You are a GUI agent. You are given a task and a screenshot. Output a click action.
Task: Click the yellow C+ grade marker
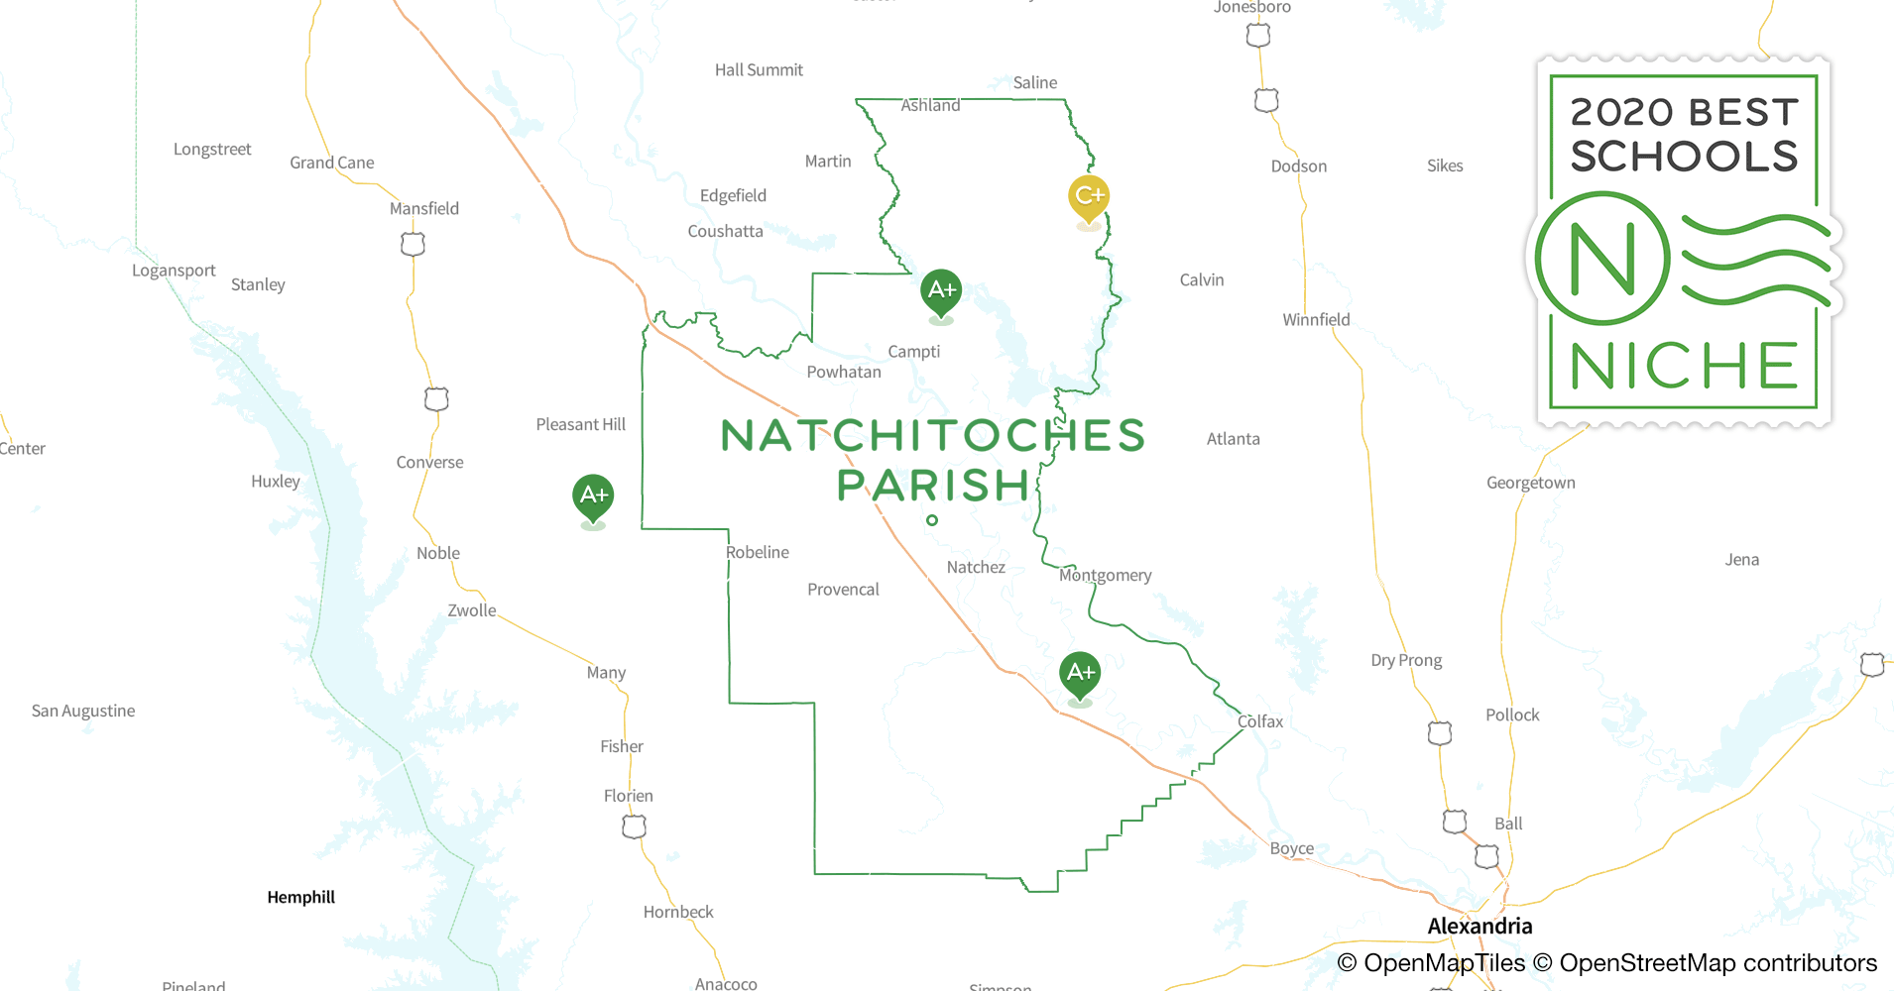pos(1088,196)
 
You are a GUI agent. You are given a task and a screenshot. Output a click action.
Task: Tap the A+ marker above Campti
pos(940,290)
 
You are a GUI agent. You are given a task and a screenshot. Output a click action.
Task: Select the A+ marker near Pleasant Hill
pos(593,495)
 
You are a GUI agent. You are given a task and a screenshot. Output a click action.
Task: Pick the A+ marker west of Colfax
pos(1080,673)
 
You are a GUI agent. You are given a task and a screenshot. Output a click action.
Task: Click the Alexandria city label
pos(1480,926)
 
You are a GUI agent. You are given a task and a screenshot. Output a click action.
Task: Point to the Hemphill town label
pos(301,897)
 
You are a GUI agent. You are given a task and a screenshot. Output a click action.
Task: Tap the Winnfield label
pos(1316,319)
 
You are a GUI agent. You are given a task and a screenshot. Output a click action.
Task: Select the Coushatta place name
pos(725,231)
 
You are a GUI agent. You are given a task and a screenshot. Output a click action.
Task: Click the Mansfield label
pos(423,208)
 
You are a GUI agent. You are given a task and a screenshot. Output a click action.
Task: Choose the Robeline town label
pos(758,552)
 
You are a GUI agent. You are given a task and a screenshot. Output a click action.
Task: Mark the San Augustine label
pos(83,711)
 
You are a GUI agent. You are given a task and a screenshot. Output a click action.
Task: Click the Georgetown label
pos(1530,483)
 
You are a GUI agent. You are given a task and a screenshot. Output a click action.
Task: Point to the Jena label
pos(1741,559)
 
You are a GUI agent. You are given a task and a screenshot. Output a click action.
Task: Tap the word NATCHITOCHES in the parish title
pos(932,436)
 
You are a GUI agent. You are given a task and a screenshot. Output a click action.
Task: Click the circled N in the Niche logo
pos(1602,259)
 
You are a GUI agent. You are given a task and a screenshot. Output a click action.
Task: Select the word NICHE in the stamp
pos(1683,367)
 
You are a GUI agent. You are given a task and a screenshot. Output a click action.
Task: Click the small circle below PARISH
pos(932,520)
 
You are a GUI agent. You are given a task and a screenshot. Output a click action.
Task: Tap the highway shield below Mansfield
pos(413,244)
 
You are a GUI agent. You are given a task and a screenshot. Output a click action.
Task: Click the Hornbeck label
pos(678,912)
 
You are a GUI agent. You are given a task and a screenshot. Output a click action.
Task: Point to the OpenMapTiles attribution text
pos(1431,962)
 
